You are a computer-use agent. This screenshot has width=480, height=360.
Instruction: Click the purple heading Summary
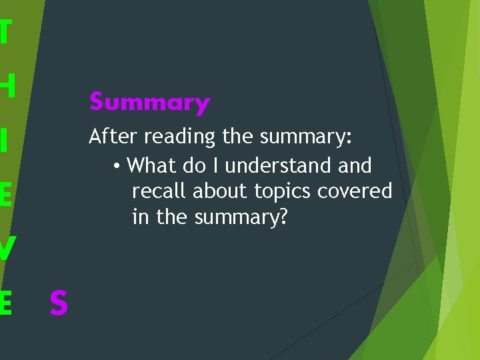(x=149, y=103)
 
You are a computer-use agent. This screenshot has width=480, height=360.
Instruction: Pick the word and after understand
(x=355, y=165)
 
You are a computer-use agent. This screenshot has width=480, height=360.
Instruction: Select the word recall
(x=160, y=191)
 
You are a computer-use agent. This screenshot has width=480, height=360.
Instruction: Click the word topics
(x=283, y=192)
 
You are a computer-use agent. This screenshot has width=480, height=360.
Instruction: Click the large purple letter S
(x=59, y=303)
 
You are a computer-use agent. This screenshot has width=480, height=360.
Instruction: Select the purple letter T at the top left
(x=5, y=32)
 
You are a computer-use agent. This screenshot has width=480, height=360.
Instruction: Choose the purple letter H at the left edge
(x=7, y=85)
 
